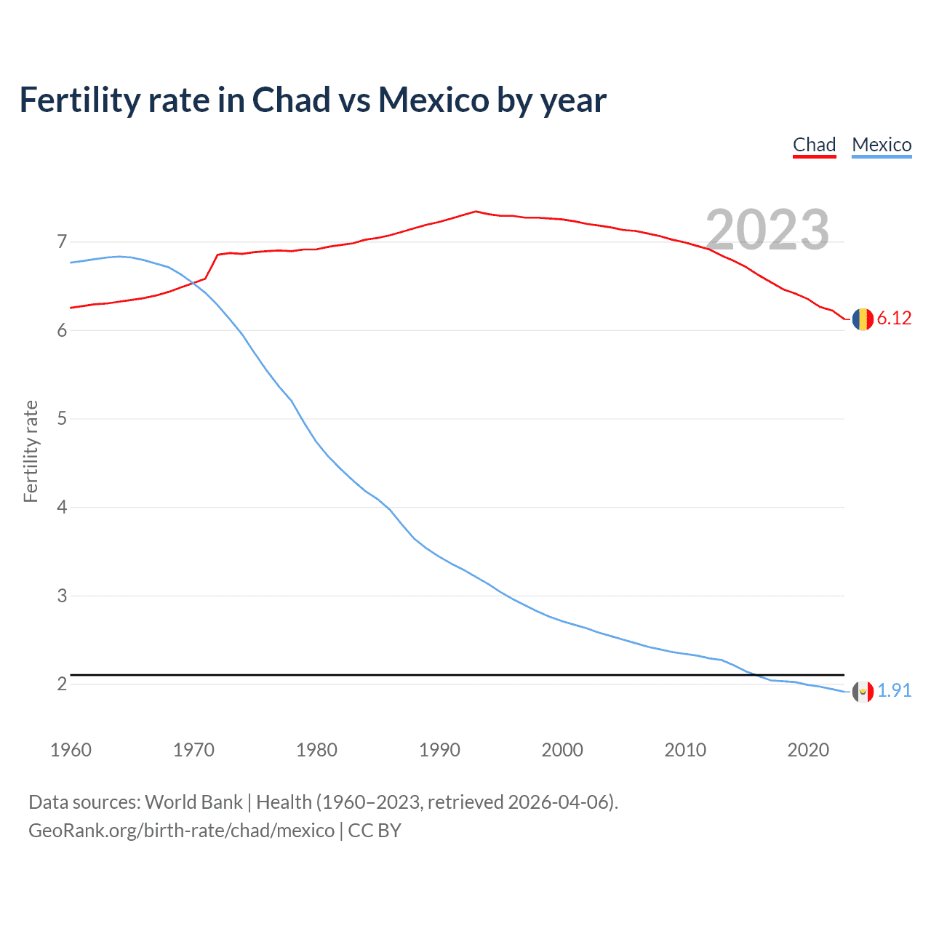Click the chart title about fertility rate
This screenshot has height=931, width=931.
313,100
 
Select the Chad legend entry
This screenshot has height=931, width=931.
814,145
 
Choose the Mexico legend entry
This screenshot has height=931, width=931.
882,145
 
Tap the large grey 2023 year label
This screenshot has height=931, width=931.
767,230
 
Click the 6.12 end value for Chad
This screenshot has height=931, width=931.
894,319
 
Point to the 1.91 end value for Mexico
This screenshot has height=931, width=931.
894,690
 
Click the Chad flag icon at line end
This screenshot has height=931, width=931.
863,319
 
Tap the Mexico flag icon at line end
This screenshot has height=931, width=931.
863,691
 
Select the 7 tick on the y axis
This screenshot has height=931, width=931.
62,241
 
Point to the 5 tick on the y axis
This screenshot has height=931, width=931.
62,419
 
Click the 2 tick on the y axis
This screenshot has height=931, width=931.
62,684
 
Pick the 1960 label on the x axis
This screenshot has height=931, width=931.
71,750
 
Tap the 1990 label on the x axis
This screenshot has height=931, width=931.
439,750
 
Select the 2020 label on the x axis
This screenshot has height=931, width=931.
808,750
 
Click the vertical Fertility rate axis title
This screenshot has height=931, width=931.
31,451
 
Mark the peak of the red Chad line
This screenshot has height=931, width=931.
476,212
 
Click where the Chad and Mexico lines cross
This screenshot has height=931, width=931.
193,283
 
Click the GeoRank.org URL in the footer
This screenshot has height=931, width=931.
181,831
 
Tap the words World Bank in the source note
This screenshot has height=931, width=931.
193,802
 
